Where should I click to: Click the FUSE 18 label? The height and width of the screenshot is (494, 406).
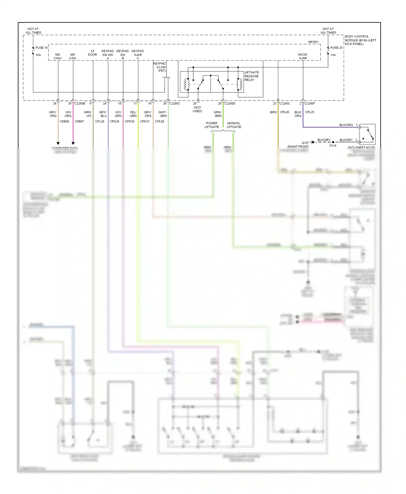click(41, 48)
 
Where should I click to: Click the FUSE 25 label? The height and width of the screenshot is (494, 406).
click(336, 48)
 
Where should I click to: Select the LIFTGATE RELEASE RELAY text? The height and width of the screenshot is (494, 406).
click(251, 76)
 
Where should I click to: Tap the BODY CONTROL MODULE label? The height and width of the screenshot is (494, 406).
click(360, 40)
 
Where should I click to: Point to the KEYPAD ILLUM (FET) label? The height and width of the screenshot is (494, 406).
click(160, 67)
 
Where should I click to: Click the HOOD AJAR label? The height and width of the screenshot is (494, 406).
click(303, 56)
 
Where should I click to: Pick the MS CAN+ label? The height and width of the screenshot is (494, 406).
click(58, 56)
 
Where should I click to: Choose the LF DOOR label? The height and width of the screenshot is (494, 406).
click(93, 53)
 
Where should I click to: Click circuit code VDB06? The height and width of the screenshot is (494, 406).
click(64, 121)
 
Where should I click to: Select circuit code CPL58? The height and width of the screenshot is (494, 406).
click(159, 121)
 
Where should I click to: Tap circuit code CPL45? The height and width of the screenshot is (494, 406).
click(284, 112)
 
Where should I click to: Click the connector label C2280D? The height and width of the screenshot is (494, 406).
click(230, 104)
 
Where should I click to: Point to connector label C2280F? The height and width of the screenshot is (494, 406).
click(310, 104)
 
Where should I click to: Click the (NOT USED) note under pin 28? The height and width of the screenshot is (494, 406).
click(197, 109)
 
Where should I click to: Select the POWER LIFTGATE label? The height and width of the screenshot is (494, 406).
click(212, 125)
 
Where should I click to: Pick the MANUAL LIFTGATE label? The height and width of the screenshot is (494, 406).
click(234, 125)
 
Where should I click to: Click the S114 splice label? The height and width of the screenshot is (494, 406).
click(333, 146)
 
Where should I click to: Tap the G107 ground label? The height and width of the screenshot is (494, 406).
click(305, 143)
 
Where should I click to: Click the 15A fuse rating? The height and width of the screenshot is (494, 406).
click(333, 55)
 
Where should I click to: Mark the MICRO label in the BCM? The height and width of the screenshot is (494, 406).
click(313, 42)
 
